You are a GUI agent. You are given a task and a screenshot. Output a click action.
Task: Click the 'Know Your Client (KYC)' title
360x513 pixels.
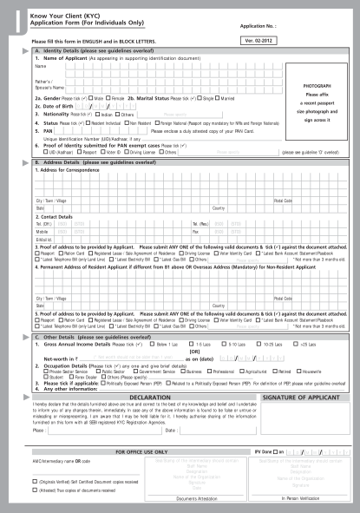[64, 15]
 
